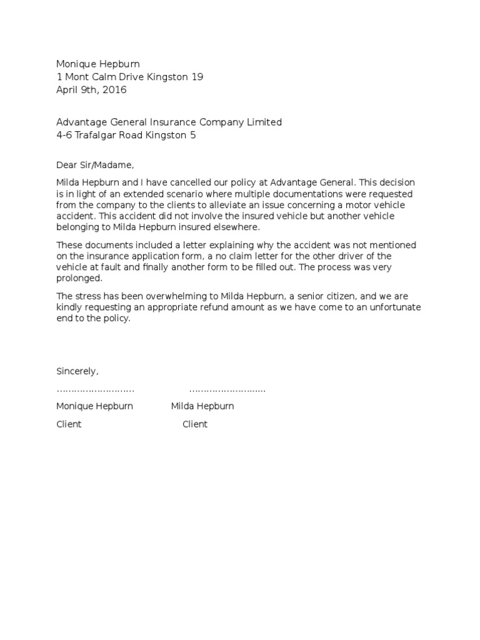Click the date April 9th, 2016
pyautogui.click(x=91, y=89)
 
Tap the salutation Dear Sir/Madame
pyautogui.click(x=95, y=166)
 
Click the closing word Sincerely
pyautogui.click(x=77, y=371)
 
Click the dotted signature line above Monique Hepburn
pyautogui.click(x=95, y=390)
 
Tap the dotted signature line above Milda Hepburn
pyautogui.click(x=227, y=390)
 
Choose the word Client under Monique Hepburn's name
pyautogui.click(x=69, y=424)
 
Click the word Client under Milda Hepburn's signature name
pyautogui.click(x=195, y=424)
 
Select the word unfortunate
pyautogui.click(x=391, y=307)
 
